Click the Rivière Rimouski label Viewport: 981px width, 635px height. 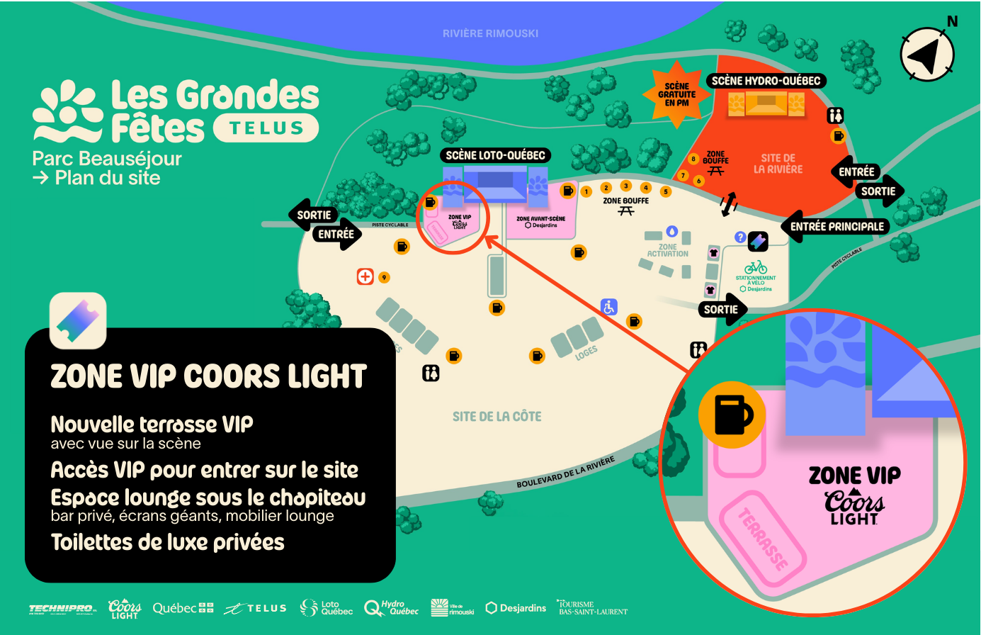click(x=490, y=33)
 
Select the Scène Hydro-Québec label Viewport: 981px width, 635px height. click(x=766, y=81)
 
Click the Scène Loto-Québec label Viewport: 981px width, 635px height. click(x=495, y=155)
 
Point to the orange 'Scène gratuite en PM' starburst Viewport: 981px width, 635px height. click(x=676, y=94)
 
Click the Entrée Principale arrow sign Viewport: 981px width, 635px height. click(x=836, y=227)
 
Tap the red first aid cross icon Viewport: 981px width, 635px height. click(x=365, y=276)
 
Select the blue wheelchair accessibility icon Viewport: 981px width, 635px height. click(x=608, y=307)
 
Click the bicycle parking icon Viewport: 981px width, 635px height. click(x=756, y=267)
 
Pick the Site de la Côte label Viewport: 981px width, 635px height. click(x=497, y=417)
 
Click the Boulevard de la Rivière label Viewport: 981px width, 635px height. click(x=565, y=473)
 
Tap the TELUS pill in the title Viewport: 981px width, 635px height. click(x=266, y=128)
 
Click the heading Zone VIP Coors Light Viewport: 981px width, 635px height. click(x=208, y=376)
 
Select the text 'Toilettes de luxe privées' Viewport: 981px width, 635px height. click(x=168, y=543)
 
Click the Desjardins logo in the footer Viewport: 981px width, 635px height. click(x=516, y=608)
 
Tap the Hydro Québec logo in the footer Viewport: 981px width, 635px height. click(x=391, y=608)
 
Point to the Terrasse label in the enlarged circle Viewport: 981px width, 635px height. click(x=764, y=539)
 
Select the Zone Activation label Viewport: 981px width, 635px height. click(x=667, y=250)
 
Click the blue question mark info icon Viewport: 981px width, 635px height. click(x=740, y=237)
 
